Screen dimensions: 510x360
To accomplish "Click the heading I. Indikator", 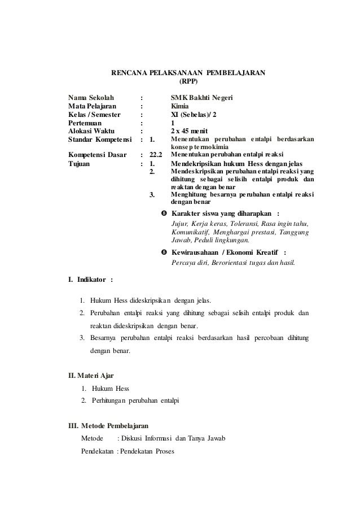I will click(x=90, y=279).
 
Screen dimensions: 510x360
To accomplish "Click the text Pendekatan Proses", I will click(x=147, y=452).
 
